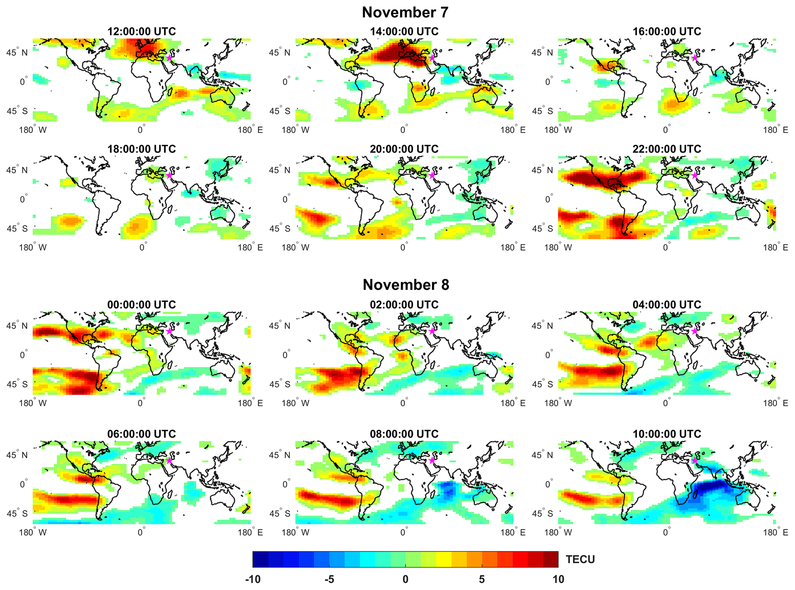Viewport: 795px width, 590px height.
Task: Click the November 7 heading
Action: (405, 12)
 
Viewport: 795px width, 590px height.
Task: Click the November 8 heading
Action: (406, 285)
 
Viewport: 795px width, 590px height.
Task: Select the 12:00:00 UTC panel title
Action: (142, 32)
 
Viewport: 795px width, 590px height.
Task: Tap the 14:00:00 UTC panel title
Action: (404, 32)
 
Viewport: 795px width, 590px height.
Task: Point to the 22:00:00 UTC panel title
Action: (667, 149)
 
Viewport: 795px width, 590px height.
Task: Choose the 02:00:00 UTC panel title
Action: (404, 305)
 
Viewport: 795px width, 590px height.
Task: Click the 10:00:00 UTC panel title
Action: (667, 434)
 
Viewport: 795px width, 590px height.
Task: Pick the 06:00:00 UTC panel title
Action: (142, 434)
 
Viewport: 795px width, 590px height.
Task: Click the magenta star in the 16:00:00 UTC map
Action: (695, 58)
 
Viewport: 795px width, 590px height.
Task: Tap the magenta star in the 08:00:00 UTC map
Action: (432, 460)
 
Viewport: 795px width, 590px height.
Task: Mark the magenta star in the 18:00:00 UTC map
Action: (169, 175)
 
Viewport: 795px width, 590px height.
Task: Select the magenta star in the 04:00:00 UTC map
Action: (695, 331)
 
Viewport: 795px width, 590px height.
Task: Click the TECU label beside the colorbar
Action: (580, 560)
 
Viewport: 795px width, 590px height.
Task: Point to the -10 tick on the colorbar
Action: (253, 579)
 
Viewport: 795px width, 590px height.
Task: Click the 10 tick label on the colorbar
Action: (558, 579)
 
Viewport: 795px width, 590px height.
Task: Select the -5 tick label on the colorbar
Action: (329, 579)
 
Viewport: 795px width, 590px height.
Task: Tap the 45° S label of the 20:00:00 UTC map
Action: (280, 229)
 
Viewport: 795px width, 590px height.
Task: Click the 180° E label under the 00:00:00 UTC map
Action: (250, 403)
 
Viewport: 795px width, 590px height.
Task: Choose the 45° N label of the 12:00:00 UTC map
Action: (17, 52)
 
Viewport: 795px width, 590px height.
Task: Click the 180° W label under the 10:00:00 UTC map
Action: (558, 533)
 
